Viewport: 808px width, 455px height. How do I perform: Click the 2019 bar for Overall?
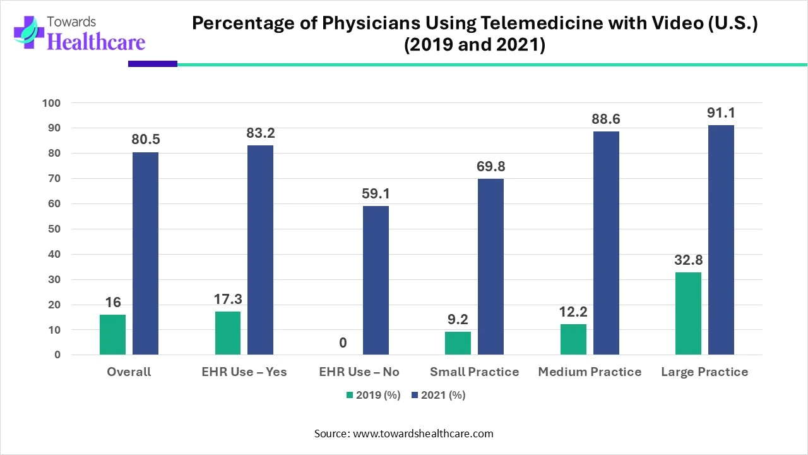pos(112,335)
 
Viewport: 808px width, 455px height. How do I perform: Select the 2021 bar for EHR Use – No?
pos(376,281)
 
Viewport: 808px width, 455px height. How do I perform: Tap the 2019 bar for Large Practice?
pos(688,313)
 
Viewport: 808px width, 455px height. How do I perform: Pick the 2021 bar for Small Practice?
pos(490,267)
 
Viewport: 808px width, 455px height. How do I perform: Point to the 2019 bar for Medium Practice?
pos(573,339)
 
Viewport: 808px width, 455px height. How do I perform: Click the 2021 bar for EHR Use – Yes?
pos(260,250)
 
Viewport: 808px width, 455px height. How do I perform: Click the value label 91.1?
pos(721,113)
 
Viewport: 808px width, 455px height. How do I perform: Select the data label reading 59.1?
pos(376,194)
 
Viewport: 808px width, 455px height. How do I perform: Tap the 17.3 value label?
pos(228,299)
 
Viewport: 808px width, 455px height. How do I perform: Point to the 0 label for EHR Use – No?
pos(343,343)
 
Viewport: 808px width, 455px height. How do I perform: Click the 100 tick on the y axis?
pos(52,103)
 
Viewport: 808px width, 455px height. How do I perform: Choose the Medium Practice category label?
pos(590,372)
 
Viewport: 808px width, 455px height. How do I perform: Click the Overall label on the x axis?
pos(129,372)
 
